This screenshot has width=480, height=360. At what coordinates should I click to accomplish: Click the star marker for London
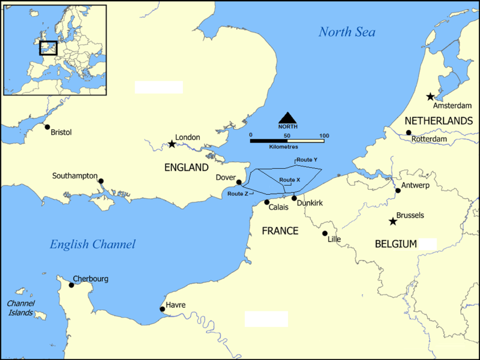click(x=172, y=144)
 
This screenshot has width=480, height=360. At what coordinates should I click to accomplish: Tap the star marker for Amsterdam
click(x=430, y=96)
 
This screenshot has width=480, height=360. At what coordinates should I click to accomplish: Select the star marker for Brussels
click(x=393, y=221)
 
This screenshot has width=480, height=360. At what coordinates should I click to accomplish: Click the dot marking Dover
click(x=239, y=182)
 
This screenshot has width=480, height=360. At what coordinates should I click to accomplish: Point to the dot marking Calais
click(x=267, y=202)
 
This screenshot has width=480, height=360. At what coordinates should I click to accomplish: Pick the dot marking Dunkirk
click(x=294, y=198)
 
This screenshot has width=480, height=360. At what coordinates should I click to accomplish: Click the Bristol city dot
click(x=48, y=127)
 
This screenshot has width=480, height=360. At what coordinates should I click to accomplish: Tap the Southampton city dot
click(x=101, y=181)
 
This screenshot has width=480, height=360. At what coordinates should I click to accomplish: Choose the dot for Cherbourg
click(x=72, y=285)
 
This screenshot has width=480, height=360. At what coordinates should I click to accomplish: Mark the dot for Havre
click(x=162, y=310)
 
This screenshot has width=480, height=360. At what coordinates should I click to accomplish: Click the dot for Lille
click(x=325, y=233)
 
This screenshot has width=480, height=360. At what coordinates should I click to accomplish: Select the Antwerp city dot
click(x=398, y=191)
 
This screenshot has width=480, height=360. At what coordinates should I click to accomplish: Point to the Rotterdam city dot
click(x=408, y=133)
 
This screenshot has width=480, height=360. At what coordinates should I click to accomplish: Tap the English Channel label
click(x=93, y=244)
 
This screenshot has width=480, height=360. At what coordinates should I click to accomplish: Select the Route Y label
click(x=307, y=160)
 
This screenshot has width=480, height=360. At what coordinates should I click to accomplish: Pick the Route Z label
click(x=237, y=194)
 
